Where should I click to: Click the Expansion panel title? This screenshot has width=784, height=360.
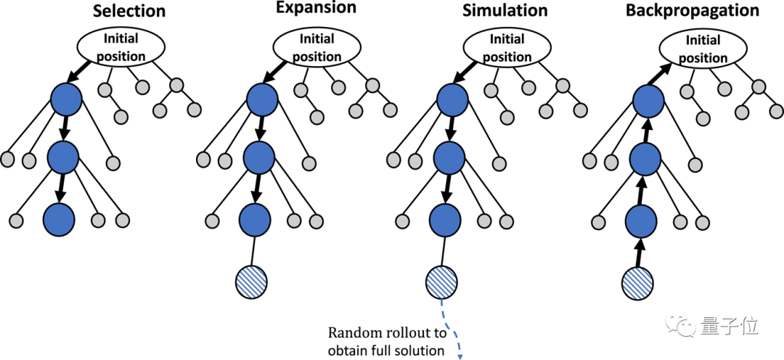pyautogui.click(x=317, y=9)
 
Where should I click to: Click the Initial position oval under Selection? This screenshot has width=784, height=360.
pyautogui.click(x=122, y=47)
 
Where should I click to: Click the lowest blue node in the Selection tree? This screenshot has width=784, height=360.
pyautogui.click(x=60, y=218)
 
